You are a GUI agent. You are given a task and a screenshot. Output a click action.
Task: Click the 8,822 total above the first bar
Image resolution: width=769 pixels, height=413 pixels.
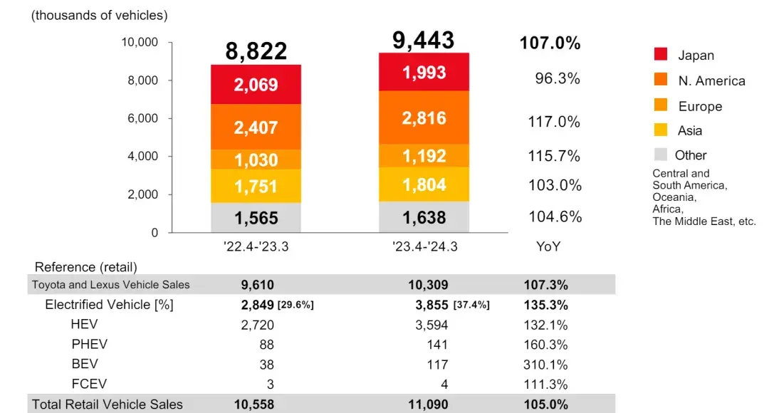256,51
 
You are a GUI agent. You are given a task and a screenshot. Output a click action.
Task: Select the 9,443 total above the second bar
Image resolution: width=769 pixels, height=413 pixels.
423,41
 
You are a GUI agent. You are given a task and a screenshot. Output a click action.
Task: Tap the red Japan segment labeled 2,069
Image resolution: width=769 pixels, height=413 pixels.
256,85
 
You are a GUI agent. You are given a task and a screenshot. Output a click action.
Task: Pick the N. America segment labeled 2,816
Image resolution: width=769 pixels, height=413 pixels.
424,118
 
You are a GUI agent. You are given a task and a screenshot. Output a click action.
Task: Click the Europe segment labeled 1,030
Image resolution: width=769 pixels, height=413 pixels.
256,160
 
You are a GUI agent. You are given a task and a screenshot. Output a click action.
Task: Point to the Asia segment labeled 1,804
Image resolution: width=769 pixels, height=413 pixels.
424,185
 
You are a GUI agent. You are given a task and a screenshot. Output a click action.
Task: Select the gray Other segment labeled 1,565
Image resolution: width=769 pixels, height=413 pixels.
256,218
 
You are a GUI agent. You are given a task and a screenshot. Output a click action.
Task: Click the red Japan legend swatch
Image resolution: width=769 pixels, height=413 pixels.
660,54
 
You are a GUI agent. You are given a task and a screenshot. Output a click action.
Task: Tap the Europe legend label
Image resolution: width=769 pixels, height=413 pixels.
700,106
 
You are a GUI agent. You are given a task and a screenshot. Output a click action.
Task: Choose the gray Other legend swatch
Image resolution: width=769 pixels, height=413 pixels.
660,154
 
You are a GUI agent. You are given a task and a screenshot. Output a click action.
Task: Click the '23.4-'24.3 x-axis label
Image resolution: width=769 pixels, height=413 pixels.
424,247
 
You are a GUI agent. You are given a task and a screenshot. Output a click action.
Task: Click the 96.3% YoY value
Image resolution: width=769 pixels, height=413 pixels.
558,78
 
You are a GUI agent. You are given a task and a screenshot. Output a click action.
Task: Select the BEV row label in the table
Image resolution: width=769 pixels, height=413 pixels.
83,365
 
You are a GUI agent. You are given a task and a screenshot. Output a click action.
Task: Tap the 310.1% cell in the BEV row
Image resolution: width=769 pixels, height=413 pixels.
548,365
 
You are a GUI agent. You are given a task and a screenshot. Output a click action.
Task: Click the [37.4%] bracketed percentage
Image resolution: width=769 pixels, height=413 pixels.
471,305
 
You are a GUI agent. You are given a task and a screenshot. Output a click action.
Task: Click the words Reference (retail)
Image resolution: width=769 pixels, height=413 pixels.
86,267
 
